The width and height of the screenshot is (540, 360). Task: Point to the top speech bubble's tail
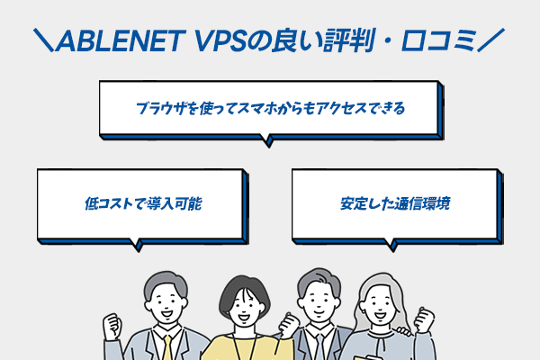pos(265,140)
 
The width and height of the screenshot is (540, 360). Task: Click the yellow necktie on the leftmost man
pos(166,346)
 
